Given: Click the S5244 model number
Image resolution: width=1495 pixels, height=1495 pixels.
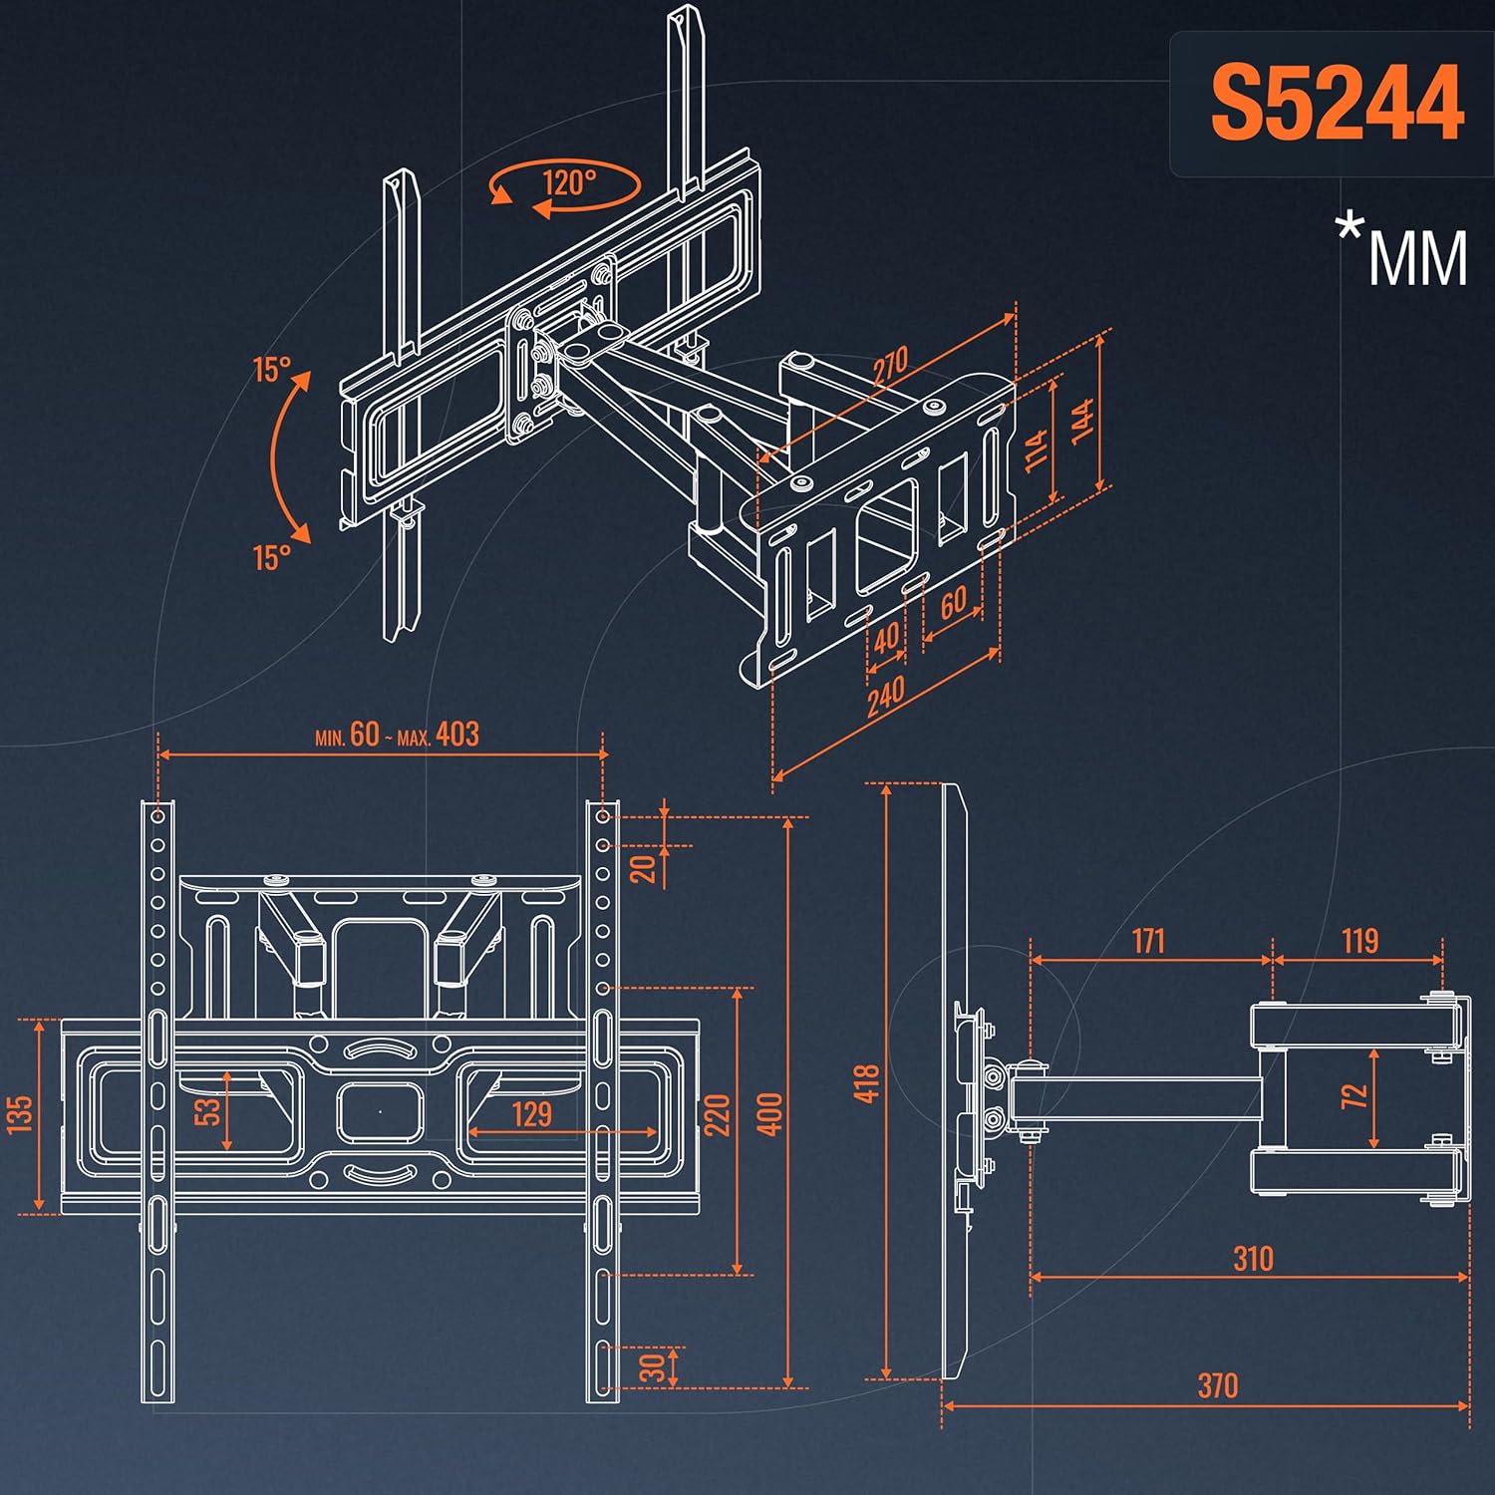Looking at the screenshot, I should click(1337, 104).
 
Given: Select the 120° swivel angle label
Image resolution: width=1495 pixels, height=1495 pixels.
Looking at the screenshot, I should click(569, 182).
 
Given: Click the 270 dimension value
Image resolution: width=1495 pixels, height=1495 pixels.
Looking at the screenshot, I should click(890, 366).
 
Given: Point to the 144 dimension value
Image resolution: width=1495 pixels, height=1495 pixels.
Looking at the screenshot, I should click(1083, 419).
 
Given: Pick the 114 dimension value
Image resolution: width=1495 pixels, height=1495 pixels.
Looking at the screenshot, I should click(1037, 448).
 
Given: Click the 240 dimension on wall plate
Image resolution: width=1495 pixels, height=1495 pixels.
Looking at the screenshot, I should click(885, 695).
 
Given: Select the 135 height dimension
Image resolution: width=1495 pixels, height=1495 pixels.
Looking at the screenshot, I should click(20, 1114).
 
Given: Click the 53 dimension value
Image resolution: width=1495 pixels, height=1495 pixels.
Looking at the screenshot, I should click(207, 1110).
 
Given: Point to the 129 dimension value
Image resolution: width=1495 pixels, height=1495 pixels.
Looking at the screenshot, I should click(532, 1113).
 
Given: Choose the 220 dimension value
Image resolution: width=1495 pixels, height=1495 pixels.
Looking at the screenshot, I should click(717, 1114).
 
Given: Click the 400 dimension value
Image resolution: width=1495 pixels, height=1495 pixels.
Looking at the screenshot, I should click(769, 1113).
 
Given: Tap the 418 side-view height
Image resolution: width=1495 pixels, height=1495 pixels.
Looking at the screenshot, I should click(866, 1083).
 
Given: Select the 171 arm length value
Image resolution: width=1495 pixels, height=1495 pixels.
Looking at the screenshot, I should click(1148, 940).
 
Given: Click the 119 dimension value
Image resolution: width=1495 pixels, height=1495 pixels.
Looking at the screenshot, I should click(1359, 940).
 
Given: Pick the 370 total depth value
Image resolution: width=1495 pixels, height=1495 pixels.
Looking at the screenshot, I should click(1217, 1384).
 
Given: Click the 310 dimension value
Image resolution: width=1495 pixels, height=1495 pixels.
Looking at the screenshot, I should click(1252, 1258).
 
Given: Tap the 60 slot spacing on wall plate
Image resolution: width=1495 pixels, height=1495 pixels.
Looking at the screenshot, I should click(953, 601).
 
